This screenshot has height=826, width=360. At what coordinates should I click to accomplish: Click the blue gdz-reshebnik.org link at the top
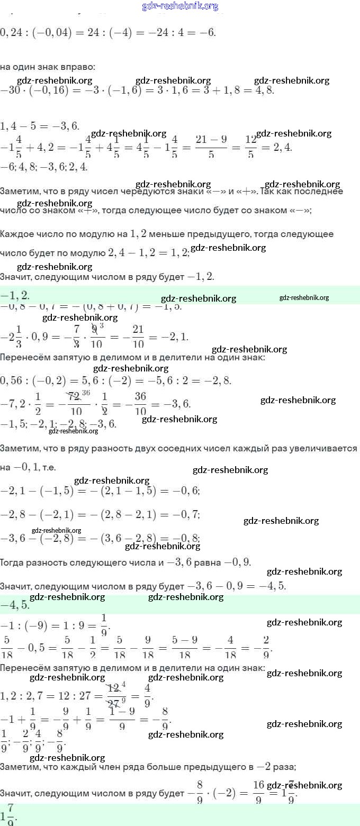pos(180,6)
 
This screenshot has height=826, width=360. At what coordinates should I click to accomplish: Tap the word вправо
pos(82,67)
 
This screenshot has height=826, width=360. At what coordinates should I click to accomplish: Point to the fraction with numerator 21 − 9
pos(211,146)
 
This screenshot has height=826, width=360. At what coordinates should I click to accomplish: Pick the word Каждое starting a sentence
pos(17,234)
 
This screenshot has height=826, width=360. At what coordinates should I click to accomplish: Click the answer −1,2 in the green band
pos(16,295)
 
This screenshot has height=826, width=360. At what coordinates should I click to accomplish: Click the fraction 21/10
pos(138,337)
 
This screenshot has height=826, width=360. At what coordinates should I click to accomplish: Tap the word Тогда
pos(13,562)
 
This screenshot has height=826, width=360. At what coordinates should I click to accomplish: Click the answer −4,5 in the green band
pos(16,604)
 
